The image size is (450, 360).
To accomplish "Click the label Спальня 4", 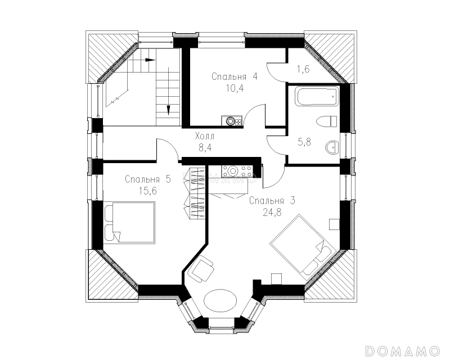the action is tap(235, 76).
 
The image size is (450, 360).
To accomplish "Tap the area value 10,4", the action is tap(235, 88).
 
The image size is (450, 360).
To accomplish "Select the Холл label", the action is tap(205, 136).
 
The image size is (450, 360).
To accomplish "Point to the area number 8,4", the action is tap(205, 147).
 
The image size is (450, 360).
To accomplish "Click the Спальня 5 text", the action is tap(148, 179).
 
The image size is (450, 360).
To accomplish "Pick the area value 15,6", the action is tap(148, 191).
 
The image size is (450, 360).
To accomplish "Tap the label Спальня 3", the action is tap(272, 200).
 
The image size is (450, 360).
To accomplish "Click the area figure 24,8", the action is tap(272, 212).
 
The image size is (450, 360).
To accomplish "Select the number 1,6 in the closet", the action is tap(303, 69).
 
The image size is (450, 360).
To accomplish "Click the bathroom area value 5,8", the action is tap(304, 142).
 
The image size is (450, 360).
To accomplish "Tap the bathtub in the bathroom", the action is tap(318, 97).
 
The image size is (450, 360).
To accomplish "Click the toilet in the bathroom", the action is tap(326, 121).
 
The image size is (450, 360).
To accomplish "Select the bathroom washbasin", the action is tap(332, 148).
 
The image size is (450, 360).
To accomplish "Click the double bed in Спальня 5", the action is tap(129, 223).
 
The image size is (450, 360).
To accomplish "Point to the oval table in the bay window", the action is tap(220, 301).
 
